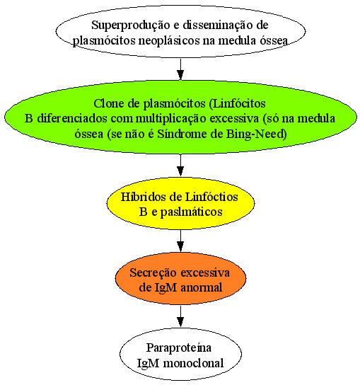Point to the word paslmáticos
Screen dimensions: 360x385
pyautogui.click(x=191, y=212)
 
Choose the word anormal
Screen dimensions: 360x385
pyautogui.click(x=202, y=288)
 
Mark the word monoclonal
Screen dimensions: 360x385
pyautogui.click(x=193, y=363)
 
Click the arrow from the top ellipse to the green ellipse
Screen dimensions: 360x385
pyautogui.click(x=180, y=69)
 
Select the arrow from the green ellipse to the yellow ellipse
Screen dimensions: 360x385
pyautogui.click(x=180, y=165)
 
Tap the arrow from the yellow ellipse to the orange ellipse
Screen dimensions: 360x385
pyautogui.click(x=180, y=241)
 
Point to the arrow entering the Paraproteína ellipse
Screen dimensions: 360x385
pyautogui.click(x=180, y=316)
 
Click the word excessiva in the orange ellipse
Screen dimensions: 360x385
pyautogui.click(x=205, y=272)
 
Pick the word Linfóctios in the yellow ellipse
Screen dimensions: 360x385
pyautogui.click(x=211, y=197)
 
